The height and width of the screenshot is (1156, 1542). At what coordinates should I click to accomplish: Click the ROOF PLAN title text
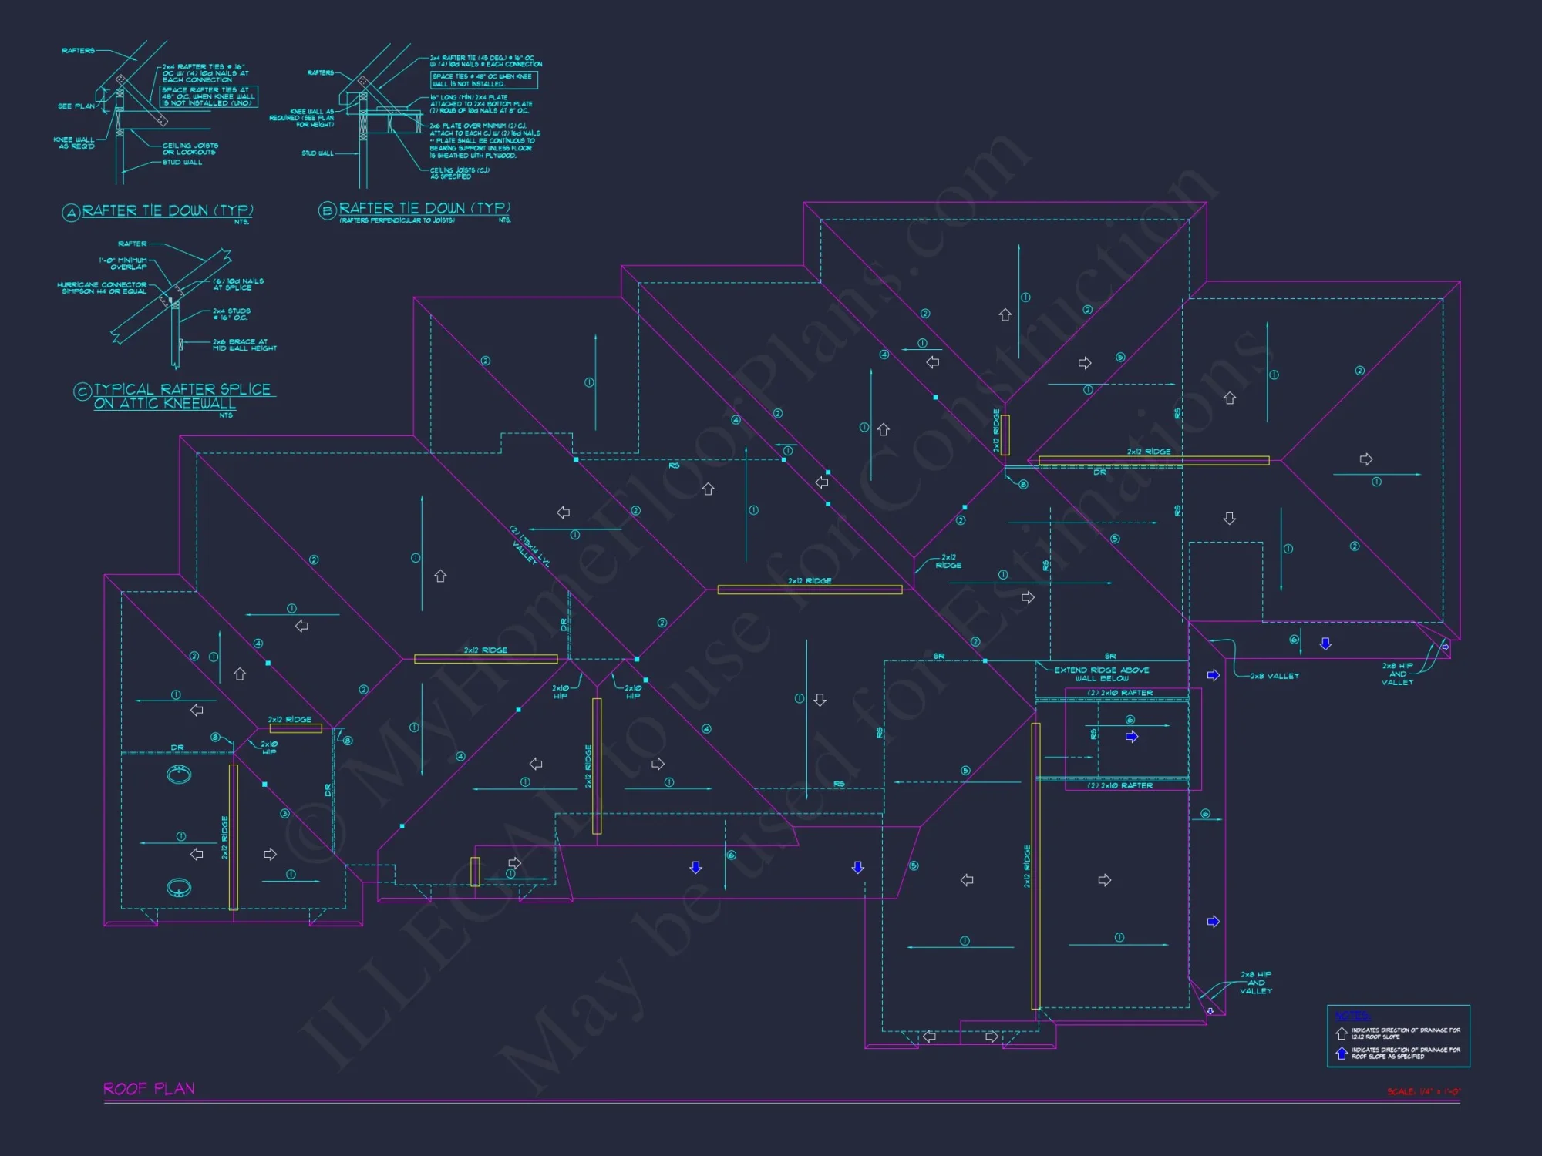point(149,1088)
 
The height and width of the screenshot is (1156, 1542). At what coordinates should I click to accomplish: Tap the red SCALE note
point(1423,1091)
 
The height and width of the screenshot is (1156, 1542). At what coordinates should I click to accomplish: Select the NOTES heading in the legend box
point(1352,1016)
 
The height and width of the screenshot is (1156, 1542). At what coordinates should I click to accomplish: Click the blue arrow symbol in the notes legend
point(1342,1053)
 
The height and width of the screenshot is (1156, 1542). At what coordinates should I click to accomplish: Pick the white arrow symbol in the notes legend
point(1342,1033)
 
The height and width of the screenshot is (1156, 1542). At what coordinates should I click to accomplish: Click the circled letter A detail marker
point(71,213)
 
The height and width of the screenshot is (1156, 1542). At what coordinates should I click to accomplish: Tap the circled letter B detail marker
point(327,210)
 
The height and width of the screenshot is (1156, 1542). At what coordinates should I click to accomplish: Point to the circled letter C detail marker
point(82,391)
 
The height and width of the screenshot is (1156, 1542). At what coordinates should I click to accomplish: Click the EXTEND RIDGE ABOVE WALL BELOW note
point(1101,674)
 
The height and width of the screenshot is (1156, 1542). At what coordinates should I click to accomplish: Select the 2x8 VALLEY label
point(1274,676)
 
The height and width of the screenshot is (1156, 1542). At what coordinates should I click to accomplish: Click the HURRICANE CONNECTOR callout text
point(102,287)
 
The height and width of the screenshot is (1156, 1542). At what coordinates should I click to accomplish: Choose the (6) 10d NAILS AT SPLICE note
point(238,284)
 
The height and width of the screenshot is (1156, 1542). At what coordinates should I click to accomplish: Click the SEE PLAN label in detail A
point(76,106)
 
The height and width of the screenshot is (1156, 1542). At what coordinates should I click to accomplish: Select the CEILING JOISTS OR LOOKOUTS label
point(190,149)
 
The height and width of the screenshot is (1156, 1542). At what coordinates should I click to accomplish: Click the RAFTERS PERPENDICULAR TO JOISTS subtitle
point(397,220)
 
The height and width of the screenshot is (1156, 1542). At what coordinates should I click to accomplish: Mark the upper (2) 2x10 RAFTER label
point(1119,693)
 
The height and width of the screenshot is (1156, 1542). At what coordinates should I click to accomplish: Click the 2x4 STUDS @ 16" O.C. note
point(231,314)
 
